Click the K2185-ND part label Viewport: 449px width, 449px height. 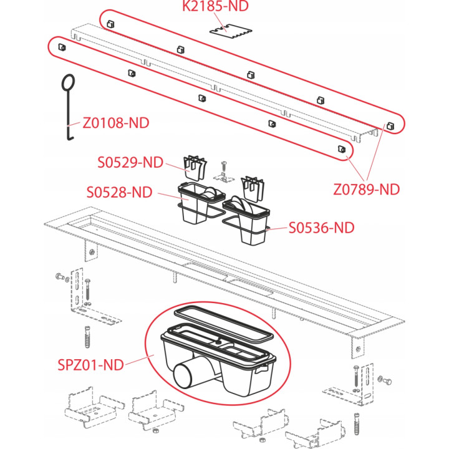coord(215,6)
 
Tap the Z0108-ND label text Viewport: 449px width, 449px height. coord(116,123)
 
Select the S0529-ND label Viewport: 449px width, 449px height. coord(130,162)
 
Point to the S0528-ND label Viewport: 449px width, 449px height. coord(119,192)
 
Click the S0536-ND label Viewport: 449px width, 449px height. coord(322,228)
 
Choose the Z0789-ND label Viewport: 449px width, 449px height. coord(367,190)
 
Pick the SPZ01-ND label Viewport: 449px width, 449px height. coord(91,365)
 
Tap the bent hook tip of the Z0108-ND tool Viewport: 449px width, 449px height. coord(70,138)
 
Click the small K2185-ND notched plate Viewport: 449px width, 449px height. coord(231,32)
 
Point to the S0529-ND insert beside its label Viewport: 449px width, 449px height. coord(195,168)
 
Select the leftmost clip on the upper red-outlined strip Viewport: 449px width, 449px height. coord(110,24)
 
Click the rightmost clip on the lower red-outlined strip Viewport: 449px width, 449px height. coord(342,149)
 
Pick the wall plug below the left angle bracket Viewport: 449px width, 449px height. coord(88,337)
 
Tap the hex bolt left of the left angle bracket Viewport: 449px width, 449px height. coord(60,277)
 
